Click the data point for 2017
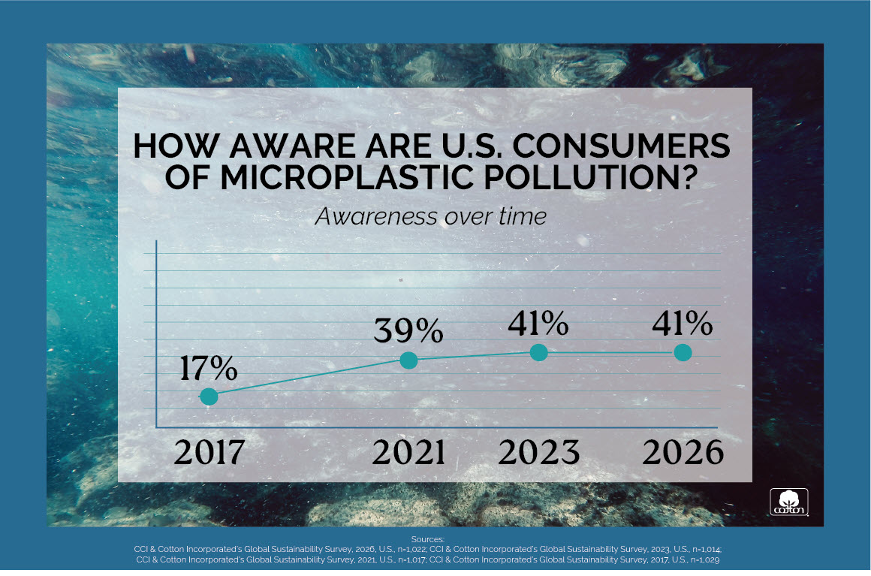coord(209,396)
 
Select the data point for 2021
coord(408,360)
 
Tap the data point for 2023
coord(538,351)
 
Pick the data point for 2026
coord(683,351)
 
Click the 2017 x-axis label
coord(209,452)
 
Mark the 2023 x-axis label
coord(539,452)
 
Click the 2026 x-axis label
coord(683,452)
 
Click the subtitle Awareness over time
coord(431,216)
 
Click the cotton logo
coord(788,502)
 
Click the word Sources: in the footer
coord(428,539)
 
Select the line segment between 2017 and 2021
coord(309,378)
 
